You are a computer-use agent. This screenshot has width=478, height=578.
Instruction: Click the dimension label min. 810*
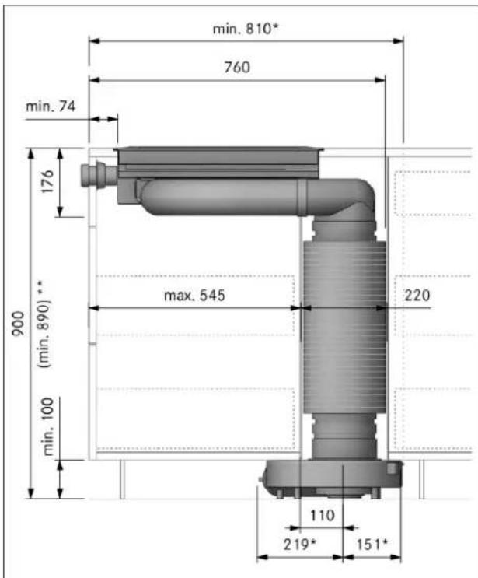[246, 29]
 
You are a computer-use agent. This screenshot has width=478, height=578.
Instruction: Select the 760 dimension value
[237, 67]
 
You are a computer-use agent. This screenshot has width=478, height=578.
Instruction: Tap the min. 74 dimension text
[51, 107]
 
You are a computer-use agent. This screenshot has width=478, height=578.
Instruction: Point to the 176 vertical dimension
[47, 181]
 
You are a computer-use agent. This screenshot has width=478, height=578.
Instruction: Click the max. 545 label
[194, 296]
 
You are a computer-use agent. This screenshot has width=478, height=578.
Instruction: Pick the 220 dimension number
[417, 296]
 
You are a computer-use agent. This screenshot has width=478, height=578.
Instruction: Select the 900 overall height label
[18, 324]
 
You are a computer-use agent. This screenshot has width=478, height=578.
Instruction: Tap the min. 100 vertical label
[48, 426]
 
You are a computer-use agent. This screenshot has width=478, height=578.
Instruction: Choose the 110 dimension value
[323, 515]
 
